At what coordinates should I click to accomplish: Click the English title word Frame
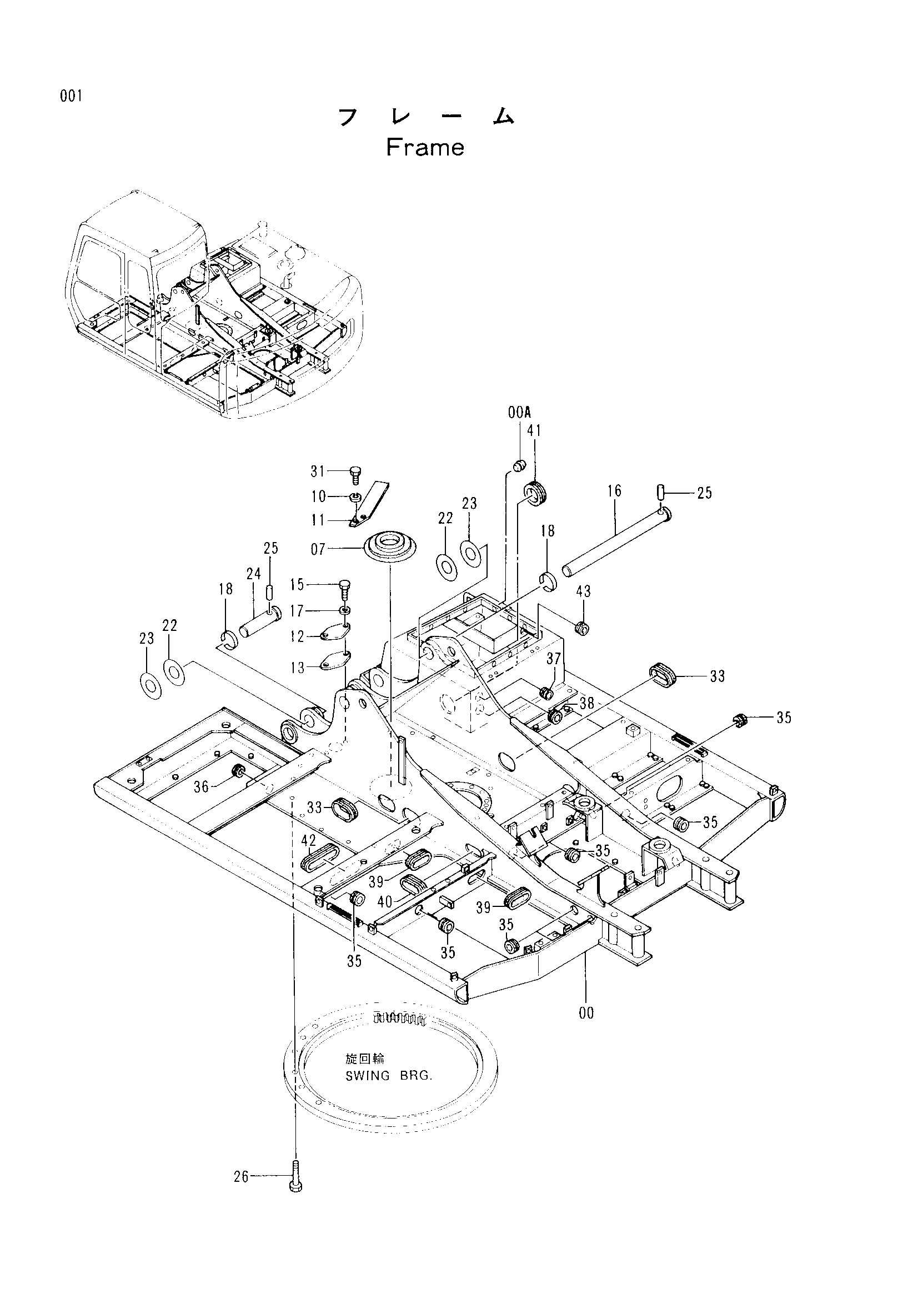[x=425, y=148]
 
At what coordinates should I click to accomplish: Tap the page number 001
[x=72, y=96]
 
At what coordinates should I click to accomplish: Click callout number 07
[x=318, y=549]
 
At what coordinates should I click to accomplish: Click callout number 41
[x=534, y=431]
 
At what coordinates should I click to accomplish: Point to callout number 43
[x=583, y=591]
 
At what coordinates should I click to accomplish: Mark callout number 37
[x=553, y=658]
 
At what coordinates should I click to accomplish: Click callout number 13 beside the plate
[x=298, y=668]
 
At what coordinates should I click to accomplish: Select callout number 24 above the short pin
[x=253, y=574]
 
